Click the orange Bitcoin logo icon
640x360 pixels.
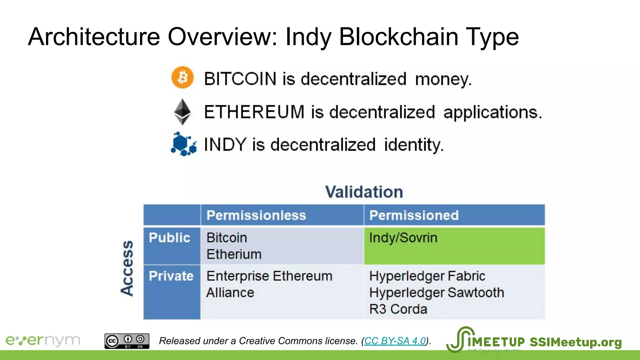click(182, 77)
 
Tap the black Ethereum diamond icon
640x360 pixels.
click(182, 112)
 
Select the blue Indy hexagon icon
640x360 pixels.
click(183, 144)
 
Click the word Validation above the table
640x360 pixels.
click(364, 192)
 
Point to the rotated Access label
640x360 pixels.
click(127, 268)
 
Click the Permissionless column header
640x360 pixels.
click(256, 215)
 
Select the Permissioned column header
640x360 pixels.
click(414, 215)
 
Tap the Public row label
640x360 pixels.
click(169, 237)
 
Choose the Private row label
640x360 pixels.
click(171, 276)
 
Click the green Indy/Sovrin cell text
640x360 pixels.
click(403, 238)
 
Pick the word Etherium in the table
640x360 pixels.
click(234, 254)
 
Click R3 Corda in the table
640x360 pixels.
click(398, 309)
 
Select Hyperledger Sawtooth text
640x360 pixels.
click(437, 292)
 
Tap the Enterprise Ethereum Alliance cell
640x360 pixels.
click(269, 284)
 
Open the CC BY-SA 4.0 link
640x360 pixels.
click(395, 341)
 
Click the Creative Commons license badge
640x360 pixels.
click(127, 341)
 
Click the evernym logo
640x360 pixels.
click(43, 340)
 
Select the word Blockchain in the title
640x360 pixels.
click(398, 37)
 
